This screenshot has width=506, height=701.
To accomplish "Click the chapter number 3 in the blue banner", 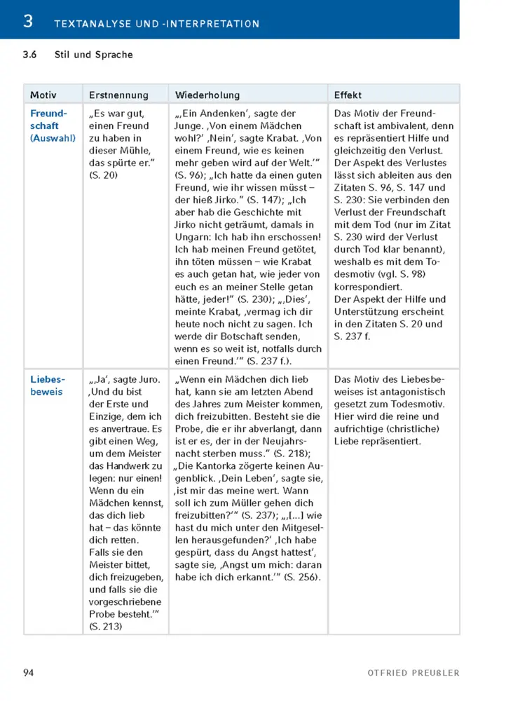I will [27, 21].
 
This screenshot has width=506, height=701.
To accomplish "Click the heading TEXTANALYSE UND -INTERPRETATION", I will [156, 24].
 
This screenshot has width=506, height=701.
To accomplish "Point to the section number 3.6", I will [30, 55].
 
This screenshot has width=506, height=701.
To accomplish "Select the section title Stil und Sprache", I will [93, 55].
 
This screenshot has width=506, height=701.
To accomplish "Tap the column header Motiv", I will [43, 95].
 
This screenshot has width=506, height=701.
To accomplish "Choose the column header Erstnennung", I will [118, 95].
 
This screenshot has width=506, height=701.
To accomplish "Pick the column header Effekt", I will [348, 95].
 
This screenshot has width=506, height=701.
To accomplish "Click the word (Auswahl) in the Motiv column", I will [53, 138].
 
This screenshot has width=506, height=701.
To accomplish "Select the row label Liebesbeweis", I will [48, 386].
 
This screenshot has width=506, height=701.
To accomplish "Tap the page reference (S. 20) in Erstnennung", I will [104, 175].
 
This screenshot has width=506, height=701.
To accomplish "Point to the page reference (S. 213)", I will [106, 626].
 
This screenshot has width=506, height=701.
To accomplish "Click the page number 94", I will [29, 673].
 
